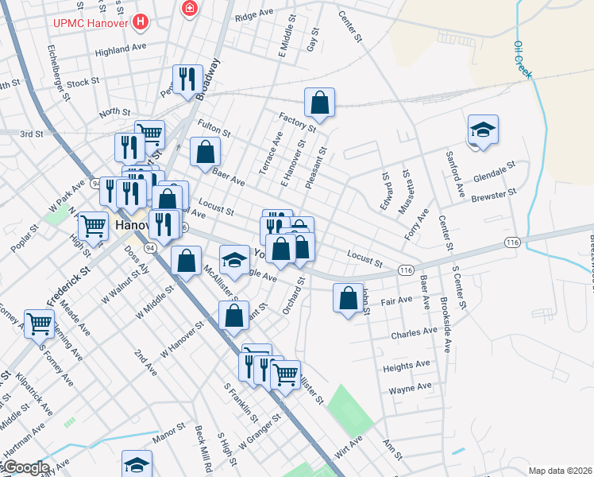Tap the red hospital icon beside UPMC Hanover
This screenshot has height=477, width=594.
click(x=141, y=21)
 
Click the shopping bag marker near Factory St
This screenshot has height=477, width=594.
click(x=318, y=103)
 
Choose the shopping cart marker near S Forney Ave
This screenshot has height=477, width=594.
click(x=39, y=323)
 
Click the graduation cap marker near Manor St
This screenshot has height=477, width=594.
click(x=137, y=464)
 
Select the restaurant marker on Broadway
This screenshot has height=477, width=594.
click(x=187, y=79)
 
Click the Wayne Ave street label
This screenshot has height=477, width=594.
click(x=410, y=388)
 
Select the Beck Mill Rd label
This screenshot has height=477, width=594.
click(x=202, y=448)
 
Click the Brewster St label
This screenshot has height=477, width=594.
click(x=494, y=196)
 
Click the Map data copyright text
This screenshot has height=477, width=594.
click(x=560, y=471)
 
